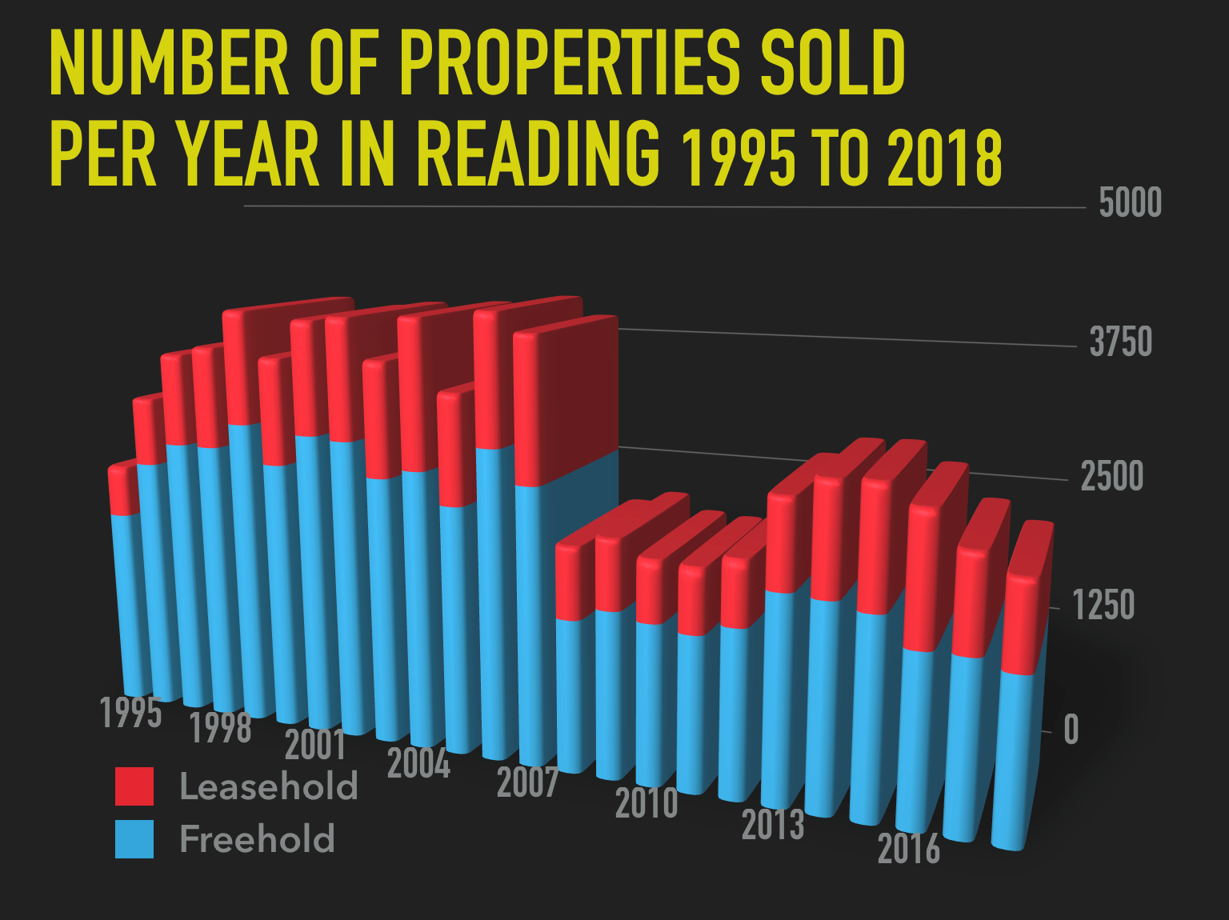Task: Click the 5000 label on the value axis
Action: (1130, 203)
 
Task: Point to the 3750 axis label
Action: (1120, 342)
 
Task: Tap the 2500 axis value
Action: (1111, 477)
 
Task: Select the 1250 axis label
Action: (1103, 605)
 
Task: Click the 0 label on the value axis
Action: (1071, 730)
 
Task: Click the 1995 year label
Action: (131, 712)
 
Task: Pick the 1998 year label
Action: (220, 728)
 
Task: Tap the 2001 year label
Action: (315, 745)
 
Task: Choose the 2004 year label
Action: (418, 763)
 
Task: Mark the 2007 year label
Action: (527, 782)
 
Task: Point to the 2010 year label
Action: (647, 802)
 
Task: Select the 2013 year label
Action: (773, 825)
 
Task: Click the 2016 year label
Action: (909, 848)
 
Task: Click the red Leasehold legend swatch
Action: (134, 786)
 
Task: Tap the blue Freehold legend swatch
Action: (134, 839)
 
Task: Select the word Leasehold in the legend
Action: (269, 786)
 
